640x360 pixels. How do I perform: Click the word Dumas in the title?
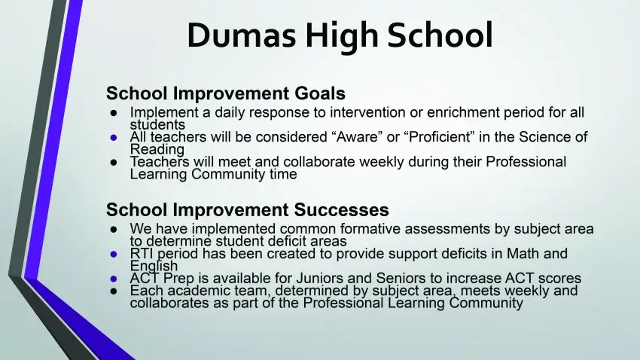coord(242,35)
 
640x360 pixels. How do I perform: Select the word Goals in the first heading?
coord(320,93)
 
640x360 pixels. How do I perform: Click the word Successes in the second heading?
coord(341,210)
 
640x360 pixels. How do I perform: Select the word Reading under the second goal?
coord(157,150)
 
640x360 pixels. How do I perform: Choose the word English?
coord(154,266)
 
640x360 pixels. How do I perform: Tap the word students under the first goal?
coord(157,124)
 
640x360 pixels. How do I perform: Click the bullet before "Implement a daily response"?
coord(114,113)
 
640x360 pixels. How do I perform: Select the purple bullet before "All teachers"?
coord(114,138)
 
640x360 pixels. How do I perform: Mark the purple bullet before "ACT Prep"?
coord(114,279)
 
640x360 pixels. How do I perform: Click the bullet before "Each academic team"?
coord(114,291)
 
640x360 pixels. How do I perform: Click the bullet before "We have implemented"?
coord(114,230)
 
